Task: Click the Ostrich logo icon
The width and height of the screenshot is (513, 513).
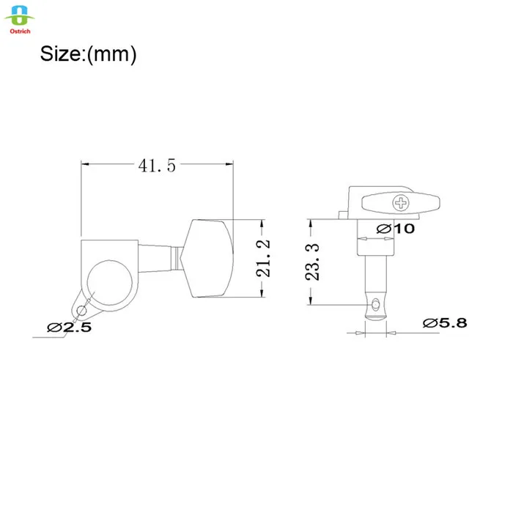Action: (20, 15)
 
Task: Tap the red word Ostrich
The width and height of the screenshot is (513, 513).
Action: (20, 32)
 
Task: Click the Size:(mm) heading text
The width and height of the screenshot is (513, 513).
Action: (88, 54)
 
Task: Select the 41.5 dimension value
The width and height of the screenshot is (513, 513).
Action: (157, 166)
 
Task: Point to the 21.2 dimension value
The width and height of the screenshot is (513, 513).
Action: (263, 259)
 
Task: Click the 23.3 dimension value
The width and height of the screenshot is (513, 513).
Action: (312, 262)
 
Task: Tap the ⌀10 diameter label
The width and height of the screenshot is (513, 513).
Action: (396, 229)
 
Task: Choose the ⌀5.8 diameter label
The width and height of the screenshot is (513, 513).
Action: (445, 323)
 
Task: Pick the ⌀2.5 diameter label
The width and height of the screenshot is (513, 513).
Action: (69, 327)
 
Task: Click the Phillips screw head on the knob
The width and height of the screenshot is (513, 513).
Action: (401, 203)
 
